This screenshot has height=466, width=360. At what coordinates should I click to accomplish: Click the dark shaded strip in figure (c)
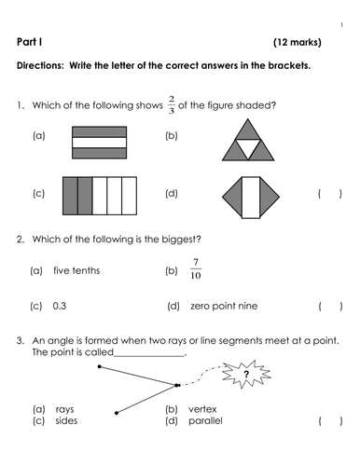[x=79, y=196]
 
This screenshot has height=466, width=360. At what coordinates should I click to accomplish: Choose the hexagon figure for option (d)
[x=250, y=196]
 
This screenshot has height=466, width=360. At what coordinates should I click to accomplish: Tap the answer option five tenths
[x=77, y=270]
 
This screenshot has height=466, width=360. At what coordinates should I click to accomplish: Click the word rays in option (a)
[x=64, y=410]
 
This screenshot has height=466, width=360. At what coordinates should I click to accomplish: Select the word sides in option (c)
[x=65, y=422]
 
